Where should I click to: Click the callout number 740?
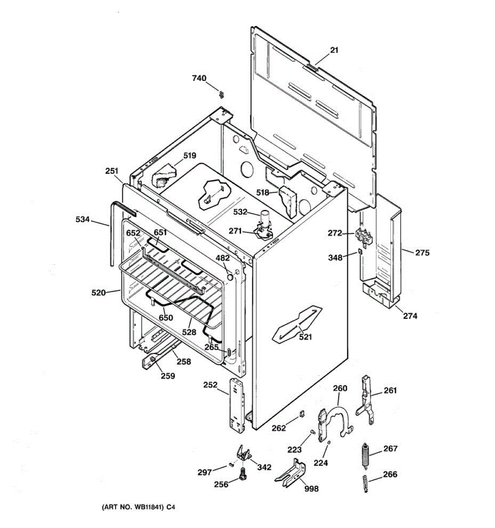[x=199, y=78]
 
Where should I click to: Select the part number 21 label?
[x=334, y=50]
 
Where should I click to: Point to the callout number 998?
[x=311, y=488]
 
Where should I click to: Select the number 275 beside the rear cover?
[x=422, y=253]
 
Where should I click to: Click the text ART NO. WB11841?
[x=133, y=507]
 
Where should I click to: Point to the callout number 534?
[x=82, y=219]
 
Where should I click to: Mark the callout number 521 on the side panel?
[x=305, y=337]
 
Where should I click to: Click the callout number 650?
[x=166, y=318]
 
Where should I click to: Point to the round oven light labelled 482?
[x=230, y=276]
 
